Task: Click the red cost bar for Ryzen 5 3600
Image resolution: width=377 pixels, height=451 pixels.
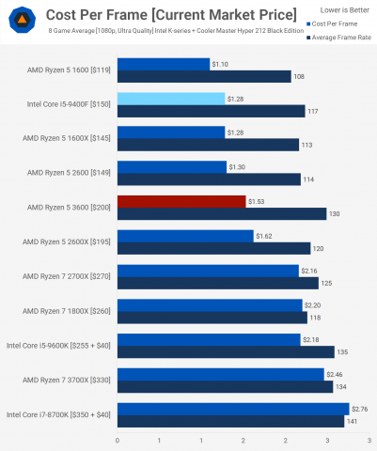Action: click(x=181, y=201)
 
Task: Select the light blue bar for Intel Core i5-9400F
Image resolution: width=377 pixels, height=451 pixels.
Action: click(x=171, y=98)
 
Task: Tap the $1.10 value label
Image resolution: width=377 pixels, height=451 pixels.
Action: click(x=220, y=63)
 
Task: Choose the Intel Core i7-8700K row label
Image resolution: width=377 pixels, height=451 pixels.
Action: click(x=58, y=414)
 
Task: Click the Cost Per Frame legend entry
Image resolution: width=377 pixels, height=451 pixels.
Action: click(x=331, y=23)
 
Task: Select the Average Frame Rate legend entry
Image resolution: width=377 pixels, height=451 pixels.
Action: click(x=336, y=35)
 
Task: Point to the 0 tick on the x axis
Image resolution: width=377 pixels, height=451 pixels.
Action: click(x=118, y=440)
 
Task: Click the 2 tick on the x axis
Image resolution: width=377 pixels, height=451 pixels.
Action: click(x=243, y=440)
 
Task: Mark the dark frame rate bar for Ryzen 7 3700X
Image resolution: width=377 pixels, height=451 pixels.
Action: click(x=225, y=386)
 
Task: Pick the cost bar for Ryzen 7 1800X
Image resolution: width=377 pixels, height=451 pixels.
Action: click(x=210, y=304)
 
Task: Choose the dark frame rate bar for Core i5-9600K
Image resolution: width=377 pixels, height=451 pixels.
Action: click(x=226, y=351)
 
